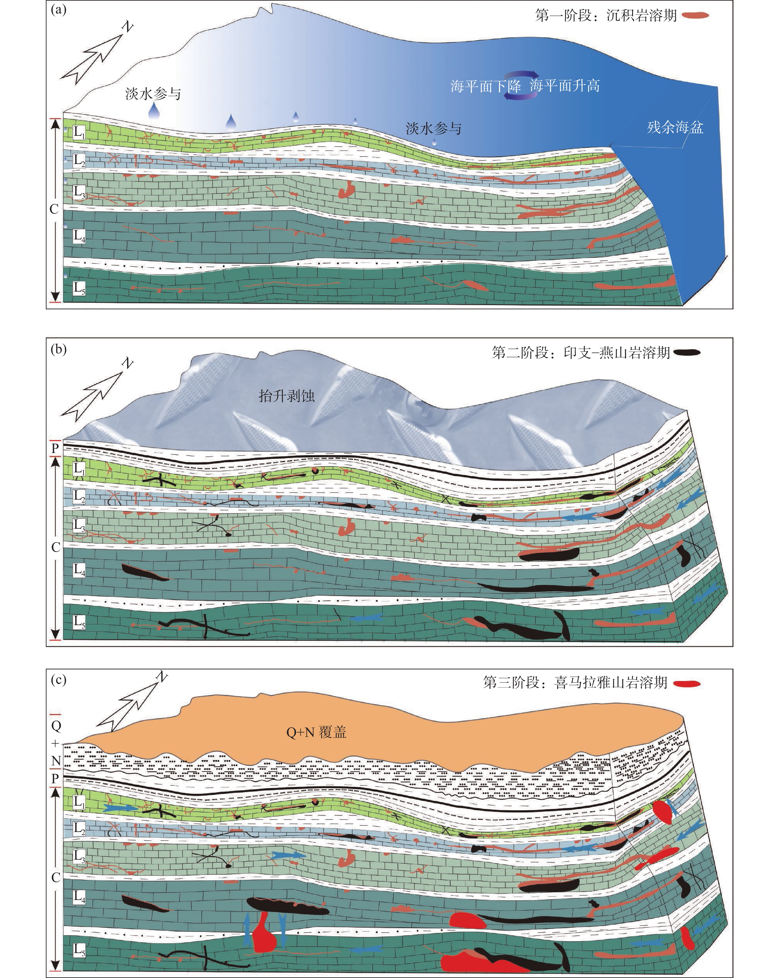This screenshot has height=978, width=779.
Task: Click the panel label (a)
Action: coord(59,10)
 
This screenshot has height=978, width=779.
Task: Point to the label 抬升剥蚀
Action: coord(287,395)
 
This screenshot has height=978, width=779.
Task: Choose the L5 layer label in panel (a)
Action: coord(79,288)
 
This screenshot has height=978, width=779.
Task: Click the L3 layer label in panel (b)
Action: coord(79,525)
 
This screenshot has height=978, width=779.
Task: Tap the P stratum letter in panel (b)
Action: coord(55,448)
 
